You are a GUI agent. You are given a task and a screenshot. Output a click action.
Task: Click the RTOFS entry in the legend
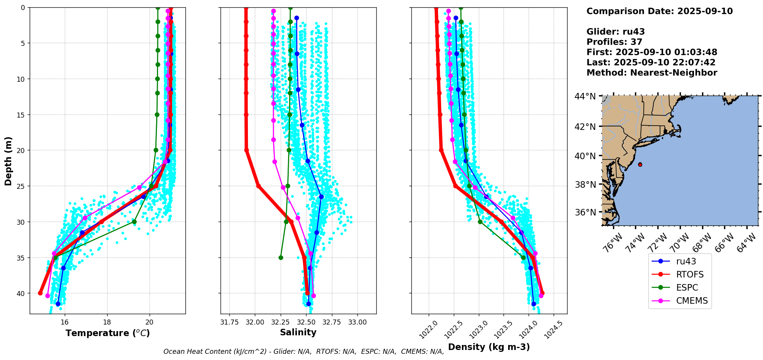click(x=689, y=274)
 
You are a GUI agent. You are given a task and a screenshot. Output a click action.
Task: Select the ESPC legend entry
click(x=687, y=288)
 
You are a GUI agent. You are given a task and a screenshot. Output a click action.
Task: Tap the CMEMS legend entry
click(x=692, y=301)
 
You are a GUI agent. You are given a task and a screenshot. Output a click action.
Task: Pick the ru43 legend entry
click(x=686, y=261)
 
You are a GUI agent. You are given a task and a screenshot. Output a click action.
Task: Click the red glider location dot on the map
click(x=640, y=165)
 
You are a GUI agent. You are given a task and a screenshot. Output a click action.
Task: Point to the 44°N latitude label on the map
click(x=585, y=96)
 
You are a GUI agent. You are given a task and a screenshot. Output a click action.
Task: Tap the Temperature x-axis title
click(x=108, y=333)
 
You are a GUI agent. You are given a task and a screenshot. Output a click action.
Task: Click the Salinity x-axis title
click(x=298, y=332)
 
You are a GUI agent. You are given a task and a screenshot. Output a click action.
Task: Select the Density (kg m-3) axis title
click(x=489, y=347)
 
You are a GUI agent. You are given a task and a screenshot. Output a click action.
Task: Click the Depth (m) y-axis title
click(x=8, y=161)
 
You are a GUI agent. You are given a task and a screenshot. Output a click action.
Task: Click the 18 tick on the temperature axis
click(x=107, y=322)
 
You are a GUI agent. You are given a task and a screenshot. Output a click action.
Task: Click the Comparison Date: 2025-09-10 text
click(x=659, y=11)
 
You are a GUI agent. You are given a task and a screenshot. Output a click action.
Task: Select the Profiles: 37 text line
click(x=614, y=42)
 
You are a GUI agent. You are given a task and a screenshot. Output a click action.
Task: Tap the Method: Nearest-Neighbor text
click(x=652, y=73)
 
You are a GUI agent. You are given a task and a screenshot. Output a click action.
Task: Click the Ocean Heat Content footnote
click(x=303, y=352)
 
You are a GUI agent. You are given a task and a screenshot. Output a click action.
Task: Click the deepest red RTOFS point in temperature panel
click(x=40, y=293)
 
